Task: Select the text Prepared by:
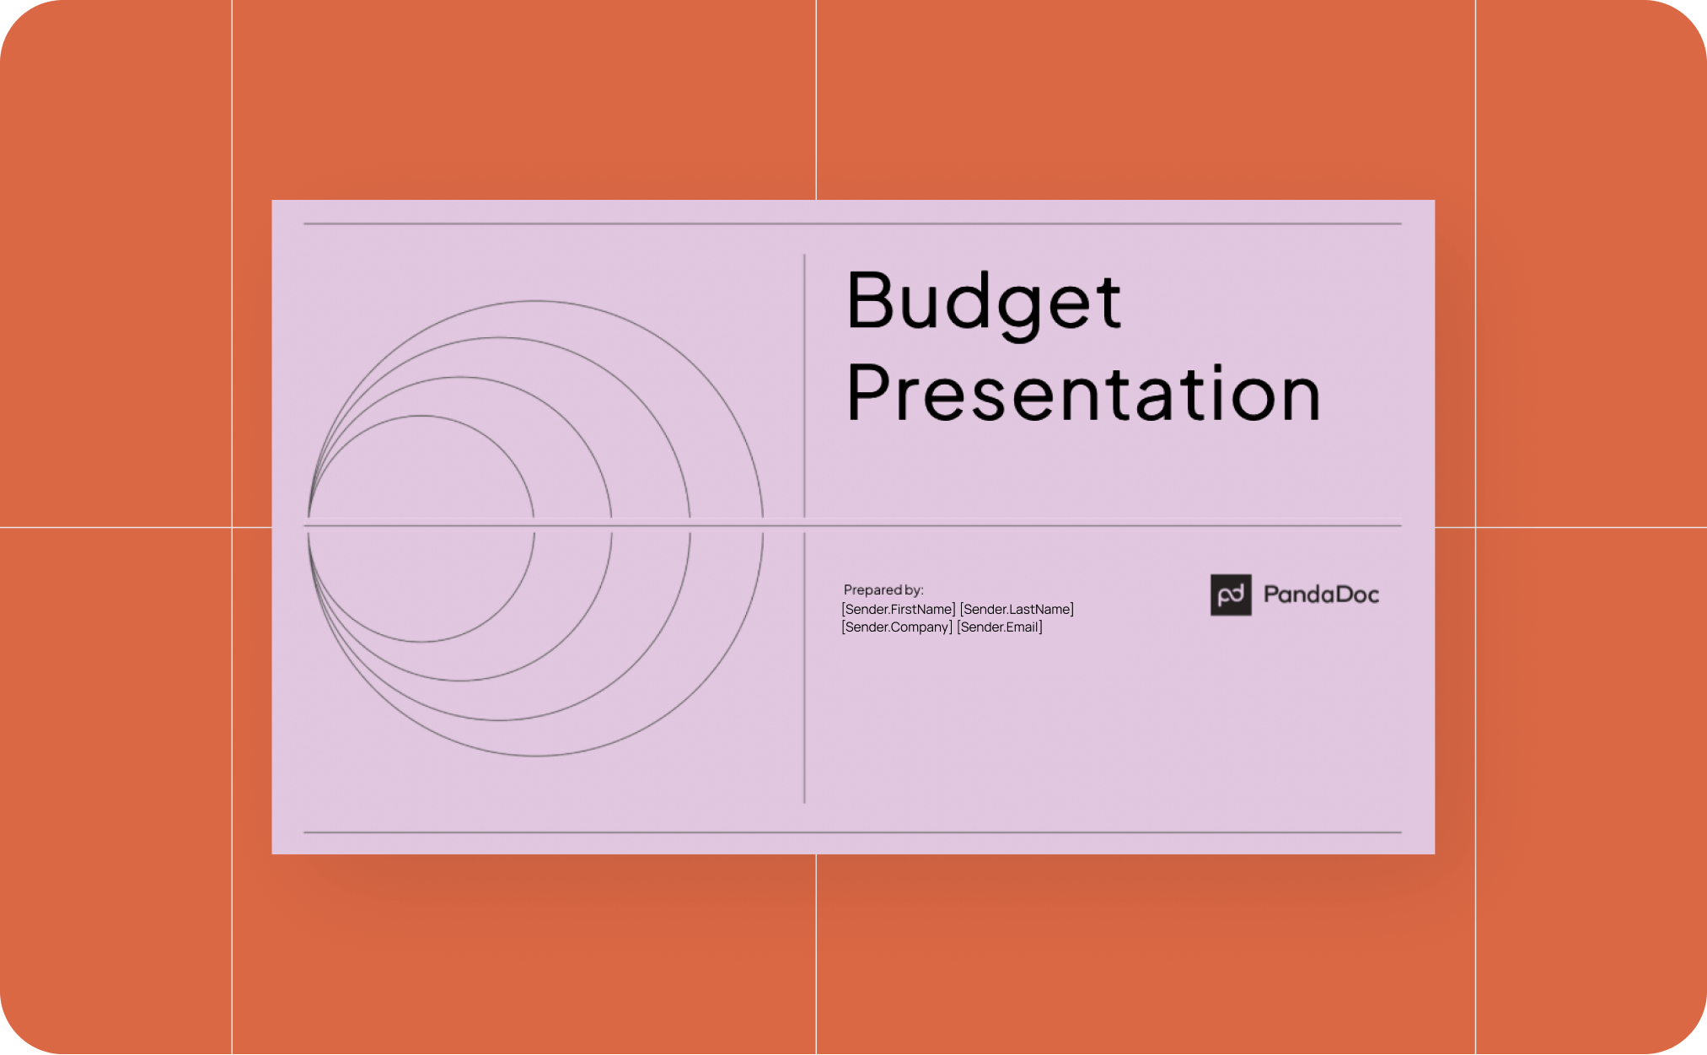883,590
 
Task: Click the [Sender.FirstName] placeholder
899,609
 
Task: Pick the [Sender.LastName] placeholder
1017,609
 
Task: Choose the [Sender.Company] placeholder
897,627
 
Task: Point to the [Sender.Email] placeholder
1000,627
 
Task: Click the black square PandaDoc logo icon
1231,595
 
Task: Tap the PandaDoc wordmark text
1321,595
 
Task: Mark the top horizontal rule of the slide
852,223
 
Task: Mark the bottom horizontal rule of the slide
852,832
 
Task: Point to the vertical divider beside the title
804,385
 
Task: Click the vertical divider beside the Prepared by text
804,668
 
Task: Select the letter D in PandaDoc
1339,595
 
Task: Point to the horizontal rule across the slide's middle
852,525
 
